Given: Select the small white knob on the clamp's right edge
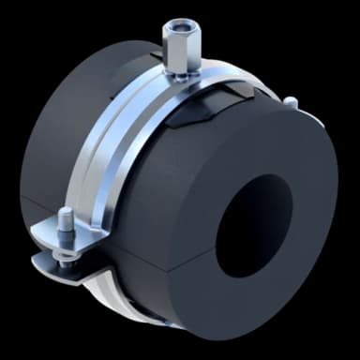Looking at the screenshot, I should (293, 101).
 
